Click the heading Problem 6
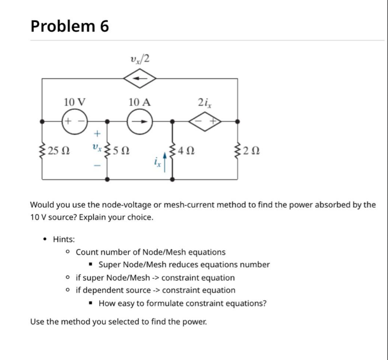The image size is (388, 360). pos(70,26)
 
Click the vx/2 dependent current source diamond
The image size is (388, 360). pos(140,78)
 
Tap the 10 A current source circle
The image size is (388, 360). pos(140,121)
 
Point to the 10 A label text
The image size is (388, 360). pos(139,101)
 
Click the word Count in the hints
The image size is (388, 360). pos(87,252)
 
